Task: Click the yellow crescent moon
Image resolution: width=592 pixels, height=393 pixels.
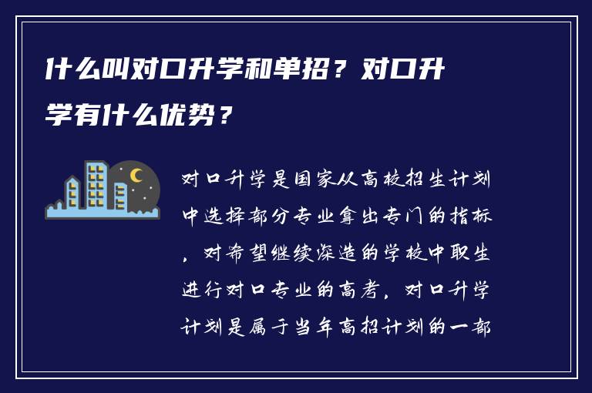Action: click(136, 176)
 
